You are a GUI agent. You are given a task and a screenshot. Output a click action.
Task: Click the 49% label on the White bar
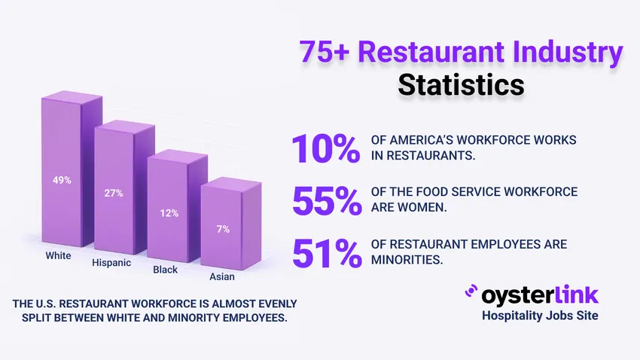coord(62,180)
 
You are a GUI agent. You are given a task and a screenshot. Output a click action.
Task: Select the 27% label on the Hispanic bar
coord(114,194)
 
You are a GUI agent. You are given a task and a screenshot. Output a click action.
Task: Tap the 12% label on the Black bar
coord(169,213)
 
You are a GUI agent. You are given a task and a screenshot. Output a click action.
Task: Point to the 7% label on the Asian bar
coord(223,230)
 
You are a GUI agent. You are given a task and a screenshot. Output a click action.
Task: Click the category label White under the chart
coord(57,255)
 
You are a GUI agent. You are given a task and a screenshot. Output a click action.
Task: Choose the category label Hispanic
coord(111,263)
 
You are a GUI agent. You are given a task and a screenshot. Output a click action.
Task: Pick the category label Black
coord(165,269)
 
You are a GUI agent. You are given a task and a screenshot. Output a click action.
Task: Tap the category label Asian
coord(221,276)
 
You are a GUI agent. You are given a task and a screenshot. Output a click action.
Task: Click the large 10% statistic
coord(325,148)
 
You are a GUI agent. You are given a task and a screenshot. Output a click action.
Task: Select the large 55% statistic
coord(325,200)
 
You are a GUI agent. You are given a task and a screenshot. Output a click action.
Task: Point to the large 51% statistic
coord(325,252)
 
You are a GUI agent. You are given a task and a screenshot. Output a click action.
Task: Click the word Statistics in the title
coord(461,84)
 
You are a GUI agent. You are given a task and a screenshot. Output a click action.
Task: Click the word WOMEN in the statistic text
coord(422,208)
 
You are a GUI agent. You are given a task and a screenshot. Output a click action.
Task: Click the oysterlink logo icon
coord(471,291)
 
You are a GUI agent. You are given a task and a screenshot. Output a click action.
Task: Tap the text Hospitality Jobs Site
coord(540,316)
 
